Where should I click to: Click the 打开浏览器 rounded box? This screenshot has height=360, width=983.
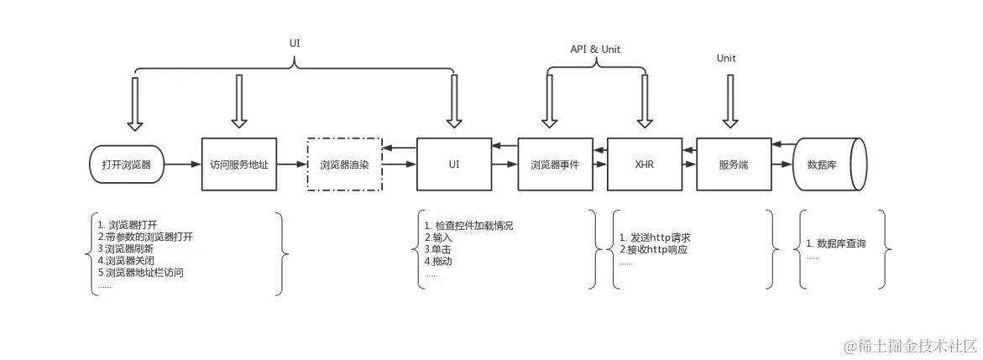tap(127, 164)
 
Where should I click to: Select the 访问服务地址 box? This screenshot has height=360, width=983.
tap(239, 164)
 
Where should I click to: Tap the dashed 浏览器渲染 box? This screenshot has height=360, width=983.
tap(345, 164)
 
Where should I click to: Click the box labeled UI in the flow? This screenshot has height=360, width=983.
tap(454, 164)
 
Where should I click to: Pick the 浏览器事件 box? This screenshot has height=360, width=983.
tap(555, 164)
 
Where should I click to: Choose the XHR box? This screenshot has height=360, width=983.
tap(645, 164)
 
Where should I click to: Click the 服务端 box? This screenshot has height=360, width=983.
tap(734, 164)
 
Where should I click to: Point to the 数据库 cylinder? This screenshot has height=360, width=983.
tap(828, 164)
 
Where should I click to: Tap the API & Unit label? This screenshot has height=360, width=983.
tap(595, 50)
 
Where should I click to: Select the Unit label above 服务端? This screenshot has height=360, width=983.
tap(726, 58)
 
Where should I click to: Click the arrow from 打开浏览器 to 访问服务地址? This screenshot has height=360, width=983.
tap(182, 164)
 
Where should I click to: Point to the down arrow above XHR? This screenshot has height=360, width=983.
tap(645, 101)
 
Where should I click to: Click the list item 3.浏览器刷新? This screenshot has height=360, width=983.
tap(125, 248)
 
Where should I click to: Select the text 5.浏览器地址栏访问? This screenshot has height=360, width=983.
tap(140, 272)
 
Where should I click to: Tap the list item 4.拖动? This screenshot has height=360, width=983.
tap(438, 261)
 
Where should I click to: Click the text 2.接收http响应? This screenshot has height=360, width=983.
tap(653, 249)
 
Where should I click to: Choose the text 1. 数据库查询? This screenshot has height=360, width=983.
tap(835, 243)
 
